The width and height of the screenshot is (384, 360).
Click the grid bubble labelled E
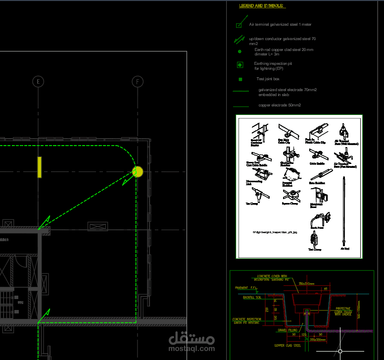[x=39, y=81]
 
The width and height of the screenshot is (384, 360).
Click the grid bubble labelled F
[x=138, y=81]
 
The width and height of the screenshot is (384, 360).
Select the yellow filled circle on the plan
[x=138, y=172]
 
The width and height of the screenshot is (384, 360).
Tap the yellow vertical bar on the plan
[x=39, y=167]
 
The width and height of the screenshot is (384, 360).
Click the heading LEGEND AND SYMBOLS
[x=262, y=6]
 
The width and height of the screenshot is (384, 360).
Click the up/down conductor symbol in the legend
[x=240, y=39]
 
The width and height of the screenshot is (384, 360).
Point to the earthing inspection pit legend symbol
[x=240, y=65]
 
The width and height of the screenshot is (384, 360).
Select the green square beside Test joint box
[x=240, y=79]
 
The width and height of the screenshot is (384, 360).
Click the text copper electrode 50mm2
[x=280, y=105]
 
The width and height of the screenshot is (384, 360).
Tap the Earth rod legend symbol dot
[x=240, y=51]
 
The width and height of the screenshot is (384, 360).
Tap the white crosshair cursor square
[x=340, y=351]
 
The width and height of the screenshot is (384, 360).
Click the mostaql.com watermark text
[x=192, y=348]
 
